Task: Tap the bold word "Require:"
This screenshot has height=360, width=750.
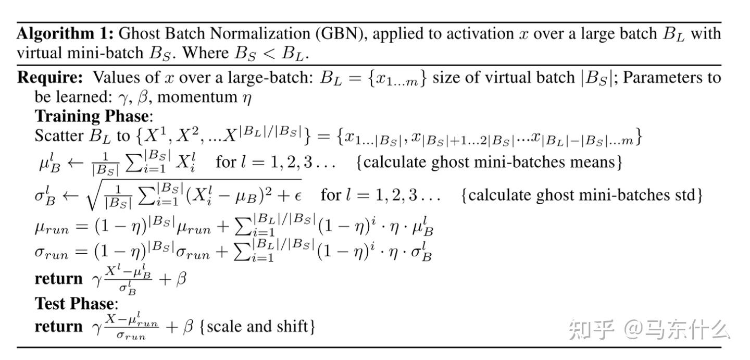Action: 50,78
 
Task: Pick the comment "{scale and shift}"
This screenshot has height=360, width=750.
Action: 257,327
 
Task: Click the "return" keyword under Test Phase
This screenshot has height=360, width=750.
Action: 58,327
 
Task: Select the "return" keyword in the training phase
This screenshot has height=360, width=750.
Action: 58,279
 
